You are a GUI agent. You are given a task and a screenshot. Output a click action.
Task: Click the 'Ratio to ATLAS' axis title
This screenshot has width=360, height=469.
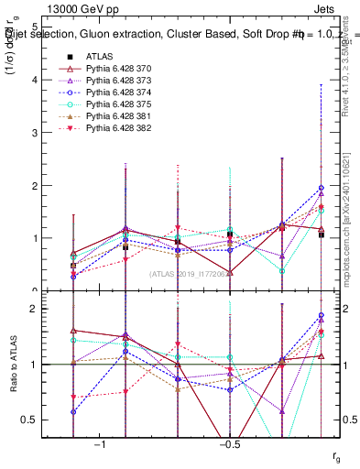(x=12, y=364)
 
